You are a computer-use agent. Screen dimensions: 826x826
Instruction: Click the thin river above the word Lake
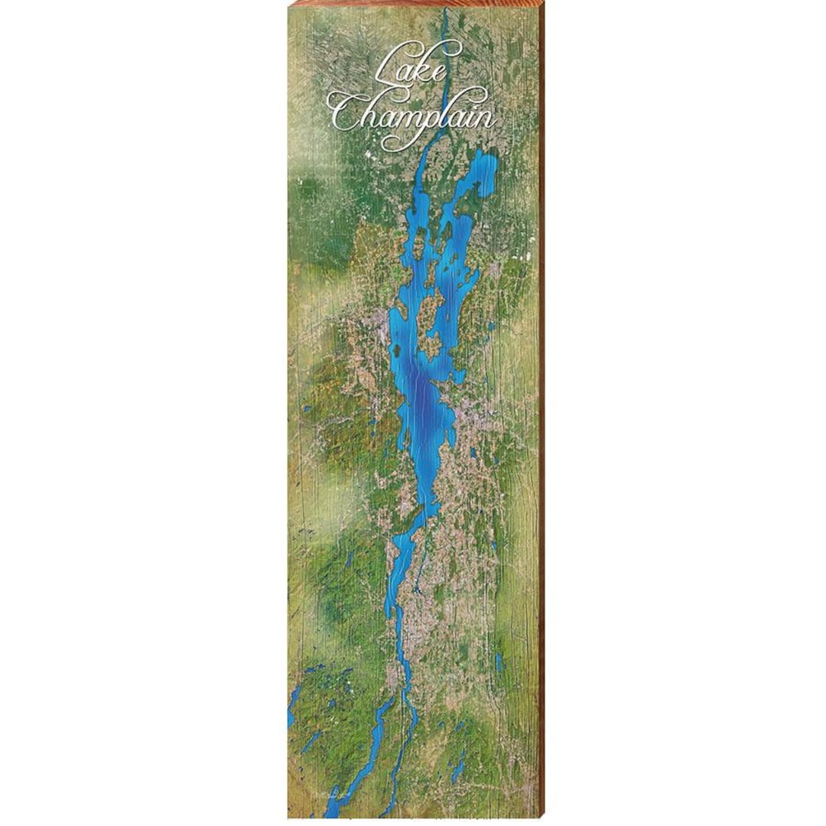[x=445, y=31]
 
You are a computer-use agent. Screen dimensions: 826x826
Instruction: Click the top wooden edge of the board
[x=413, y=3]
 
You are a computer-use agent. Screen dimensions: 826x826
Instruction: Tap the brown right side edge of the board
[x=542, y=413]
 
